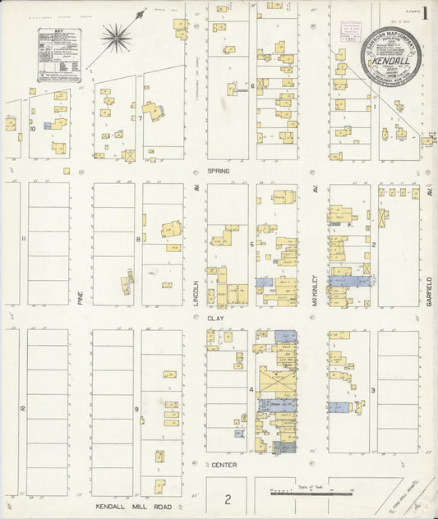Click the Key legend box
[59, 55]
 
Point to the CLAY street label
[215, 318]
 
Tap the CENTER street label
[224, 465]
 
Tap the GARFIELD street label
[429, 291]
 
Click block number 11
[23, 239]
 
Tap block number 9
[136, 408]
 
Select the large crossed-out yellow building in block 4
[277, 382]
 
